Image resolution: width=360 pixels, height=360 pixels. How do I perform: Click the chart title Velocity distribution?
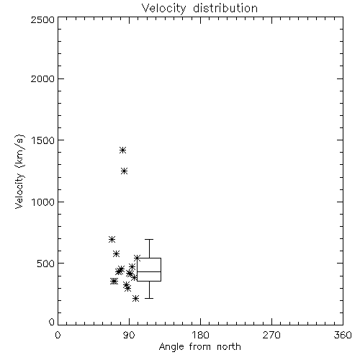click(x=199, y=8)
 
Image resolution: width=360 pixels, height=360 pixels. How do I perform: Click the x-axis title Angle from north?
click(x=199, y=347)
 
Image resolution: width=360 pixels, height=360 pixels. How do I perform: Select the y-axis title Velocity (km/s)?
click(x=19, y=171)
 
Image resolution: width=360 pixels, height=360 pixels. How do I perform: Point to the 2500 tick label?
click(x=43, y=19)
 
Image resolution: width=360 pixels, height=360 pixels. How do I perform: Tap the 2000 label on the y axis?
click(x=43, y=78)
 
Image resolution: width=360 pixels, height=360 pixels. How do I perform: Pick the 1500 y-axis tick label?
click(x=43, y=140)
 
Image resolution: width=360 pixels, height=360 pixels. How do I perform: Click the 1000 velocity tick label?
click(x=43, y=202)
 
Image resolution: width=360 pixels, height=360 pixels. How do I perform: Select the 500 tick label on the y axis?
click(x=46, y=264)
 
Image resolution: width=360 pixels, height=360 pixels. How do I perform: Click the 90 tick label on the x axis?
click(x=129, y=335)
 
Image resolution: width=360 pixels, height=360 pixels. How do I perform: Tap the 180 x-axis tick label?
click(x=200, y=335)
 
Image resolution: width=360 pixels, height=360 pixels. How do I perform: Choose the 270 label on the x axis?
click(x=271, y=335)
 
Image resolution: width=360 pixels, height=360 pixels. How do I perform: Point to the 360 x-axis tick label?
click(x=343, y=335)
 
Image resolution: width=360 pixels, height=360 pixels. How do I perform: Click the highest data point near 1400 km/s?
click(x=123, y=150)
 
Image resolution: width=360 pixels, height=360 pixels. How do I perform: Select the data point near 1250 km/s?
click(x=124, y=171)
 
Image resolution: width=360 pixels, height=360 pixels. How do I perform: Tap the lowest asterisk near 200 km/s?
click(x=136, y=299)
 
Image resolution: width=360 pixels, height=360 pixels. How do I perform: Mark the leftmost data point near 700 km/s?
click(x=112, y=239)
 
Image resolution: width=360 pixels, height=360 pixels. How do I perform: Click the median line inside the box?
click(x=149, y=271)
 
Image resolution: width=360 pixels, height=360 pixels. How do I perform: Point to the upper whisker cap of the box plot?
click(x=149, y=239)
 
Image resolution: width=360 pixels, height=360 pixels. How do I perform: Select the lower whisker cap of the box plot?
click(x=149, y=298)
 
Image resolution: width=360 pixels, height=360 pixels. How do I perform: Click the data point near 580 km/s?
click(x=117, y=253)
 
